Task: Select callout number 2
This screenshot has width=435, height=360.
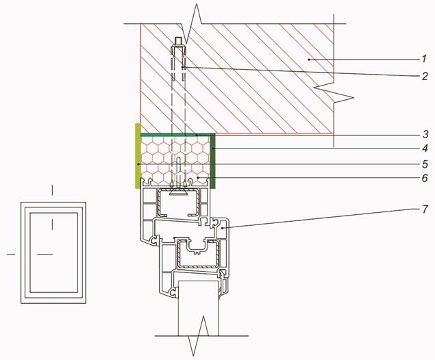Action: coord(425,76)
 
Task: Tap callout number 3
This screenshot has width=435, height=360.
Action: coord(425,135)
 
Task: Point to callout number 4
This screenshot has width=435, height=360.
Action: coord(425,149)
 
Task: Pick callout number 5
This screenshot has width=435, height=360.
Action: coord(425,164)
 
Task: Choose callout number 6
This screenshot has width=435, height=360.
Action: coord(425,178)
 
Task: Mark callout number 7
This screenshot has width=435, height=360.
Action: coord(425,209)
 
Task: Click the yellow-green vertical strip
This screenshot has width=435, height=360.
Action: coord(138,156)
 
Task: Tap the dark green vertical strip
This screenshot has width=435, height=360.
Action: coord(213,162)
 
